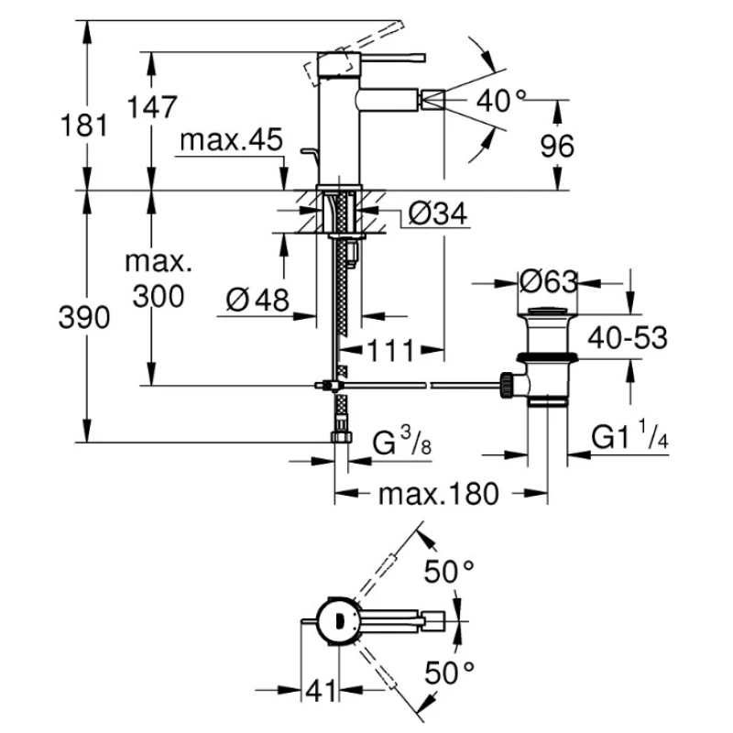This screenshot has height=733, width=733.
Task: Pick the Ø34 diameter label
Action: pos(436,214)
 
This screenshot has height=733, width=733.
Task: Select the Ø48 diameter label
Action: pos(256,299)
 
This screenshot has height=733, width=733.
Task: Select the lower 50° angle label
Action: pos(449,673)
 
